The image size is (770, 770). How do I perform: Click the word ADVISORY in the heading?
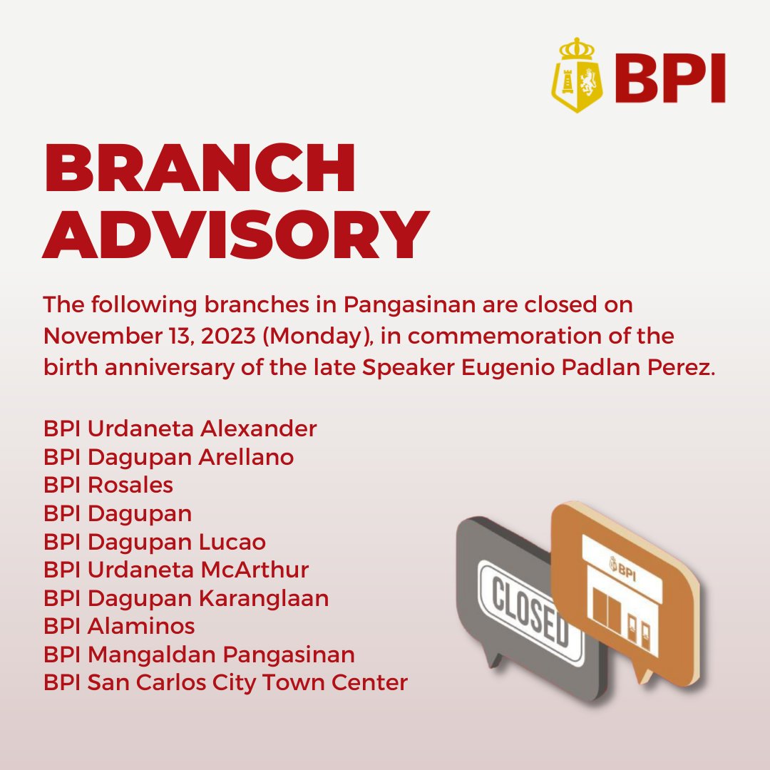pos(235,235)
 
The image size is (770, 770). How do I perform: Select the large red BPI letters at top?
pos(667,79)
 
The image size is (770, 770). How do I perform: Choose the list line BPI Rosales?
pos(108,485)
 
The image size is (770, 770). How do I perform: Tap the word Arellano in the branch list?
pos(247,456)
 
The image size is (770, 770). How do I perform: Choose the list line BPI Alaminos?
pos(119,626)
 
